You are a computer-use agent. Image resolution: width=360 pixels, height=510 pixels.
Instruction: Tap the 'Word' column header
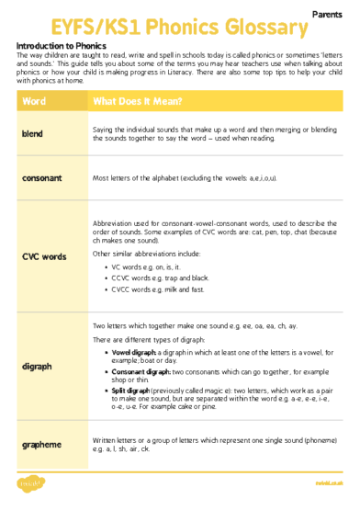34,100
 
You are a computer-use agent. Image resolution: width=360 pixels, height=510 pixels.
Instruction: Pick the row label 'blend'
32,135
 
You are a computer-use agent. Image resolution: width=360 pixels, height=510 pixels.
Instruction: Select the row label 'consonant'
41,177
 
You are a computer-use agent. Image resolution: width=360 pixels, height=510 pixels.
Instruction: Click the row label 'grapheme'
42,445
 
